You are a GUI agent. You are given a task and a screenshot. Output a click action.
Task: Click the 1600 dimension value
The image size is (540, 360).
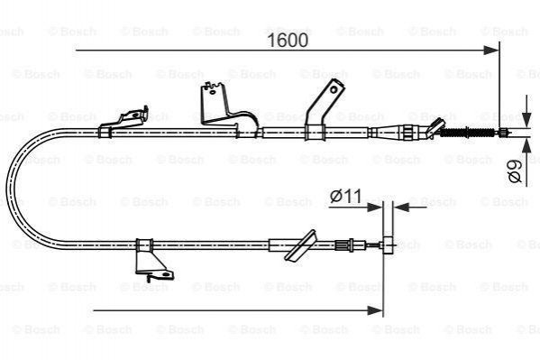(288, 41)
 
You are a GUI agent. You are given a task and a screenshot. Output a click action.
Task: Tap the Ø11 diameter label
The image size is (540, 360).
(345, 196)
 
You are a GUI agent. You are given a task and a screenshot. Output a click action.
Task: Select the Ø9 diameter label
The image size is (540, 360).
(515, 171)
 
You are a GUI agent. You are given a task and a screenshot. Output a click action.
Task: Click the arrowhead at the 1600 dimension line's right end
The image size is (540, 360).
(491, 51)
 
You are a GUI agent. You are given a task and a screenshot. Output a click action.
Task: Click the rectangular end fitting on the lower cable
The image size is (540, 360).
(388, 245)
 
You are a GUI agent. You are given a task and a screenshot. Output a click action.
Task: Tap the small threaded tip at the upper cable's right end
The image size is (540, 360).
(504, 133)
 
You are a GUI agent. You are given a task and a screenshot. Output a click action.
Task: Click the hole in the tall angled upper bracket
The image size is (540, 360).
(334, 90)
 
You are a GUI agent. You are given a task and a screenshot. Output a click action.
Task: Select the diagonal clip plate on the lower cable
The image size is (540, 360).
(300, 245)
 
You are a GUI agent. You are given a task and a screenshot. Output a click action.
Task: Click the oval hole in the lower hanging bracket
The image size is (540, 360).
(167, 274)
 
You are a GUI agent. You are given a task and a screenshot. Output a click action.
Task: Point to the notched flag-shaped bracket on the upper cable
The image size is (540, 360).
(228, 108)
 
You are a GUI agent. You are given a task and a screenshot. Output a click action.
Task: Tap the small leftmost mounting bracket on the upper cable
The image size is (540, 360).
(124, 122)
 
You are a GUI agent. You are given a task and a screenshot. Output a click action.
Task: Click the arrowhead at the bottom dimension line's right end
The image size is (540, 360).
(375, 310)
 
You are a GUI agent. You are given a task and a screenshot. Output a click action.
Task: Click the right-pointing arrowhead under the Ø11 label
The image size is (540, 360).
(375, 208)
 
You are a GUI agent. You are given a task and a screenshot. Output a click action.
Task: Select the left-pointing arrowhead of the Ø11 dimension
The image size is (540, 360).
(401, 208)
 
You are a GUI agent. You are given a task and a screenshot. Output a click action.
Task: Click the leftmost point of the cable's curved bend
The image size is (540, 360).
(7, 188)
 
